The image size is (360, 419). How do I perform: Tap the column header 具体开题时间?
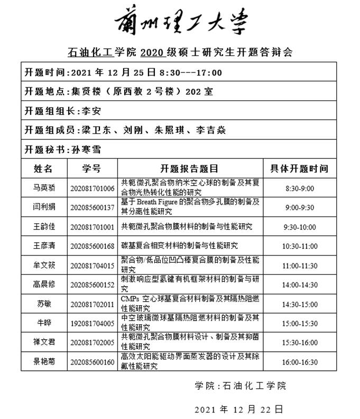[299, 169]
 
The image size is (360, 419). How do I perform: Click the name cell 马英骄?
[44, 188]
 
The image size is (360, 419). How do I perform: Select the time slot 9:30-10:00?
[300, 226]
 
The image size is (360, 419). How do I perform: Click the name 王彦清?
[44, 246]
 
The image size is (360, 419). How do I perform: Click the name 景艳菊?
[44, 362]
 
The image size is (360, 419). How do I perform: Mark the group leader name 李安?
[89, 111]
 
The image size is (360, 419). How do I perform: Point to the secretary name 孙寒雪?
[86, 149]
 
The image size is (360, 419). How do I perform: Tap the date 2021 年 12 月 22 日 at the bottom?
[239, 409]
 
